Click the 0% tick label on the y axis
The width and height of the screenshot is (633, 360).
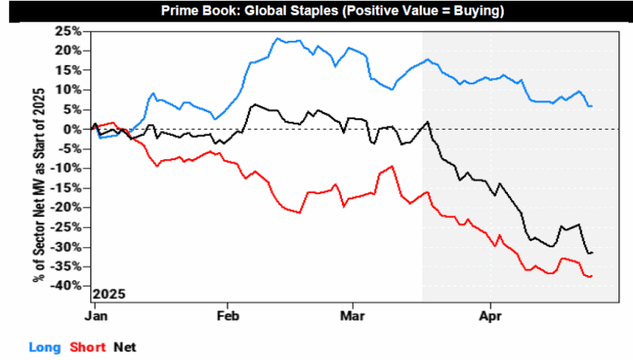click(x=73, y=129)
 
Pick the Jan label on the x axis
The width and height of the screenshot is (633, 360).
click(x=96, y=315)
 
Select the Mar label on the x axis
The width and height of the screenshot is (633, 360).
click(x=353, y=315)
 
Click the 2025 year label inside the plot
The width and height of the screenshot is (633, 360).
click(x=109, y=294)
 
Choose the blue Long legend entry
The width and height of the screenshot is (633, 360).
click(x=43, y=347)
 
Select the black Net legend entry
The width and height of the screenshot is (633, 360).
click(x=124, y=347)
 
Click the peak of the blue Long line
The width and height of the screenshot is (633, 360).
click(x=276, y=38)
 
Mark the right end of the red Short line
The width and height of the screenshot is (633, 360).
click(x=592, y=276)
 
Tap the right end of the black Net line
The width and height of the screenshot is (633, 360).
click(x=592, y=253)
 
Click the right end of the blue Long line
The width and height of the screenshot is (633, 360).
click(x=592, y=106)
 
